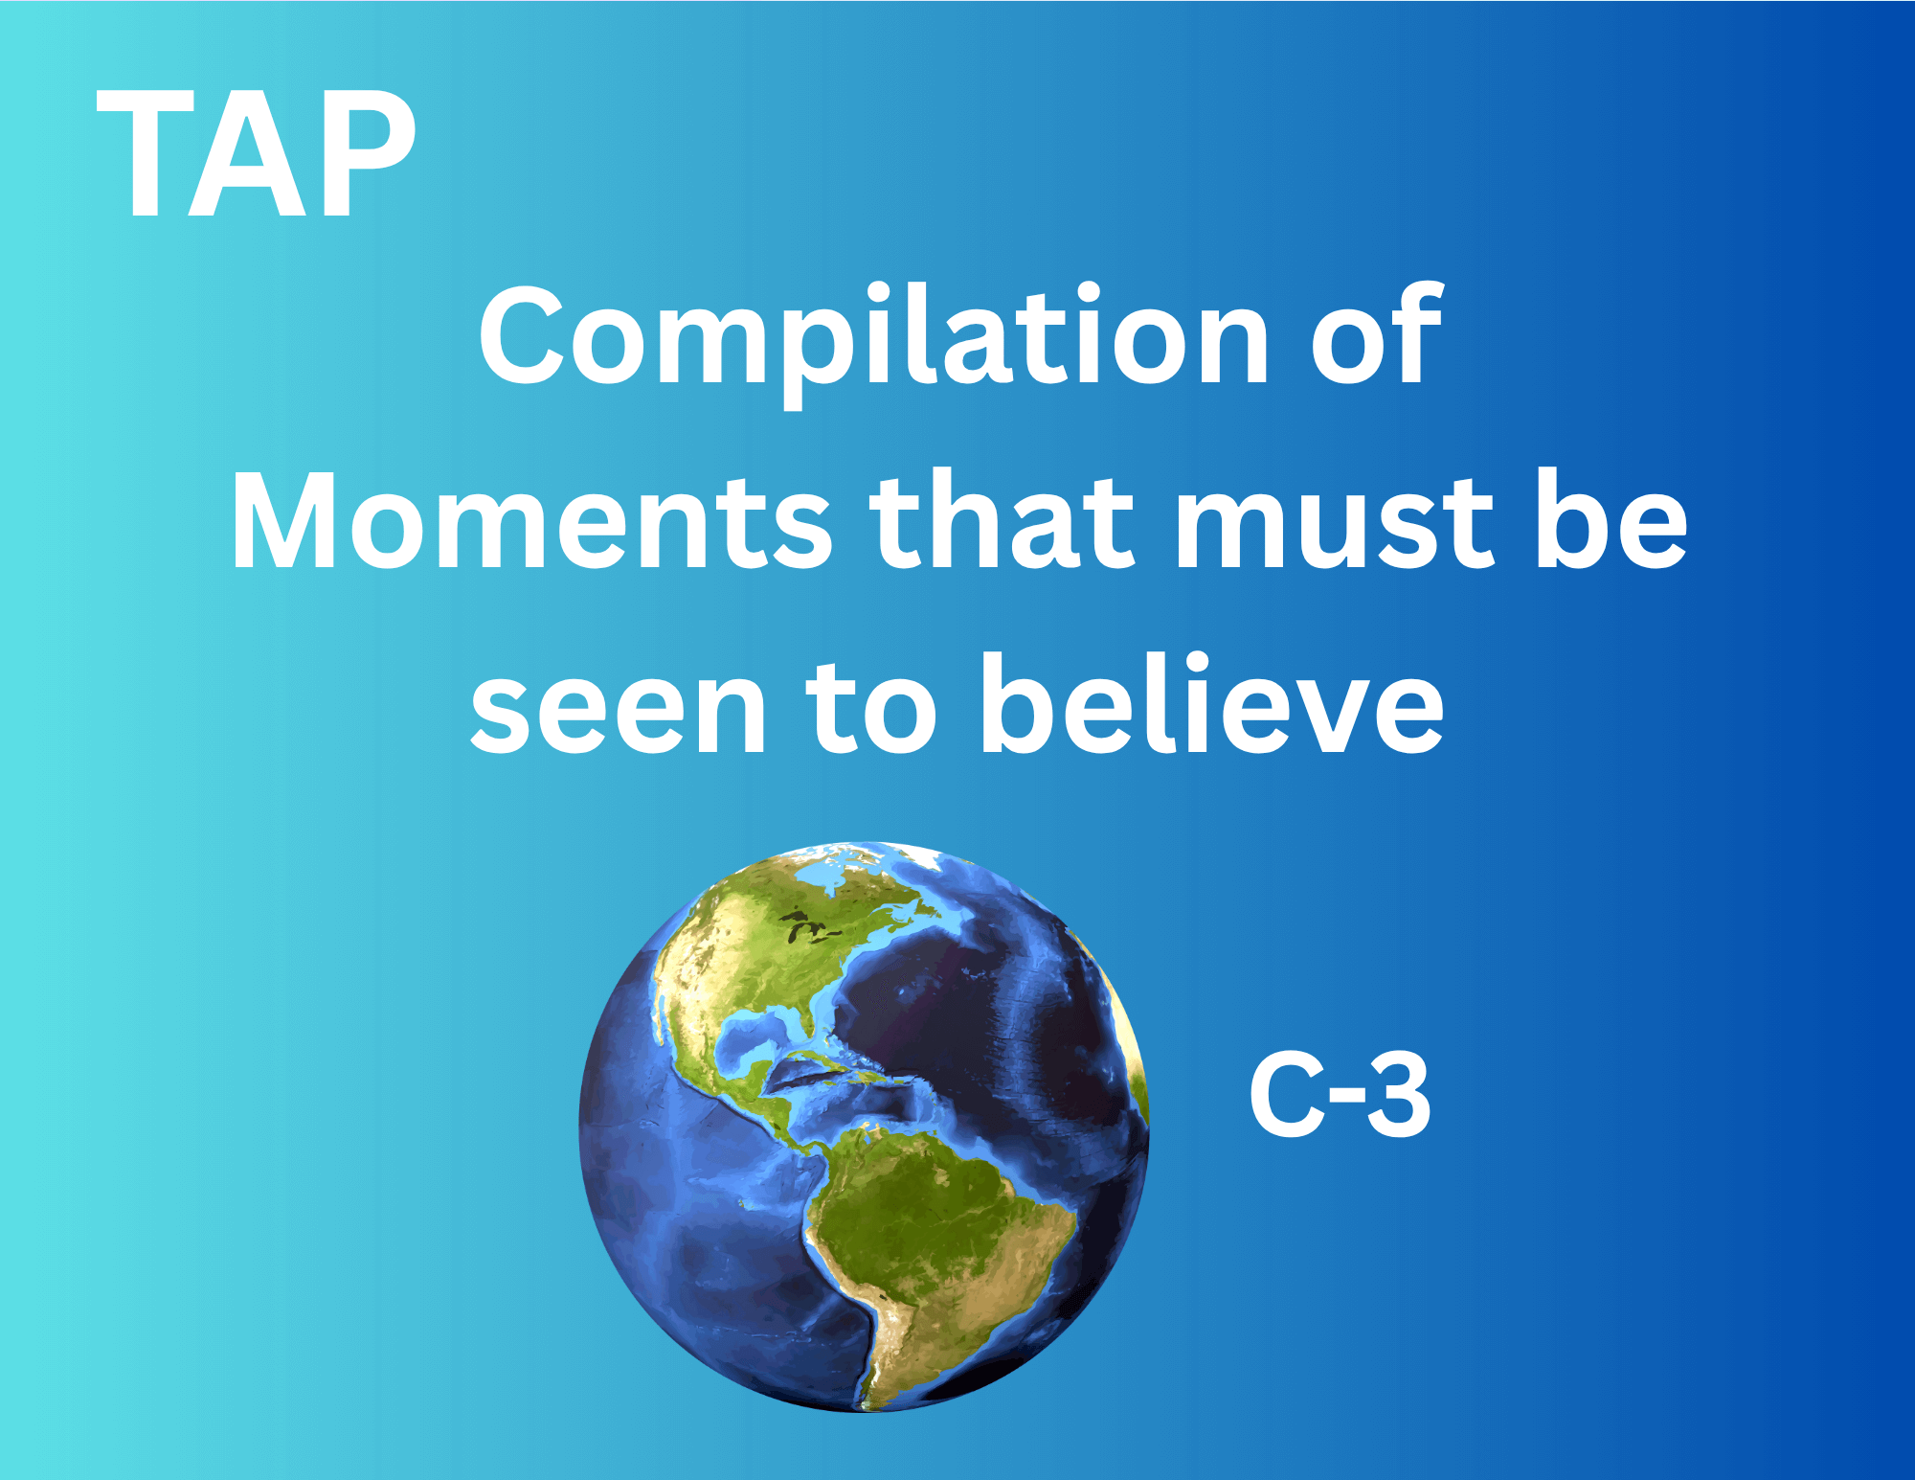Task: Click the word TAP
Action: coord(257,154)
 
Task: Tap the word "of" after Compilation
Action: coord(1376,333)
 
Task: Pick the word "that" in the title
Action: coord(1002,518)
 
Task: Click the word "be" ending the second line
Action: coord(1611,518)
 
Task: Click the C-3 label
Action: coord(1340,1094)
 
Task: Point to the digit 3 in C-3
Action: coord(1399,1094)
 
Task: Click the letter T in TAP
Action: coord(145,154)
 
